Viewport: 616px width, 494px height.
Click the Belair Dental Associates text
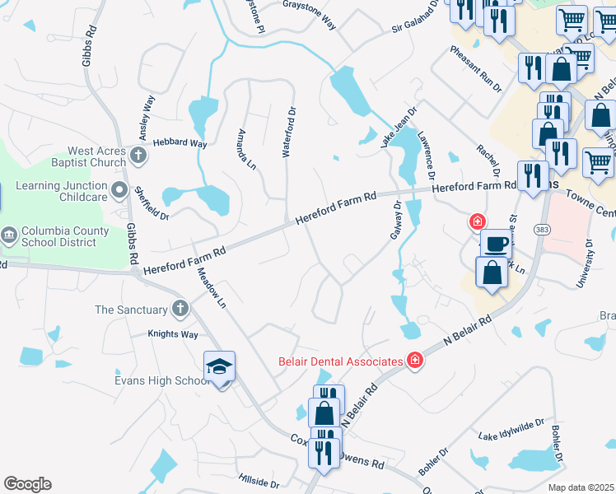pos(338,361)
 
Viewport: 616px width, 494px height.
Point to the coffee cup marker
pos(497,245)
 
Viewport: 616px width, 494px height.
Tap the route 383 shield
pos(542,228)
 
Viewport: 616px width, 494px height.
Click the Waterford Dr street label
pos(288,132)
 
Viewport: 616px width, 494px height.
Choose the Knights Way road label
pos(173,335)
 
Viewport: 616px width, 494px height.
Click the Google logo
pos(27,484)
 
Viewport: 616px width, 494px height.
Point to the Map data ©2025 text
pos(581,487)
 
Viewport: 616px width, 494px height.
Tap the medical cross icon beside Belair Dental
pos(415,361)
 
